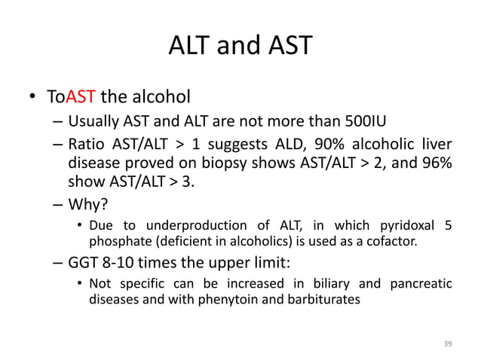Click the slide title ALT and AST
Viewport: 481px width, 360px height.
point(240,45)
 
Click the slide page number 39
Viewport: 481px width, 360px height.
point(447,343)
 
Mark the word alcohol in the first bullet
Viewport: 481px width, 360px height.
point(160,96)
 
